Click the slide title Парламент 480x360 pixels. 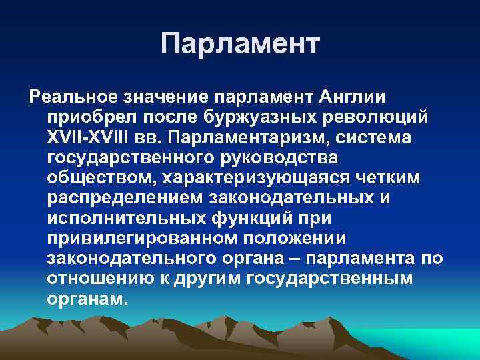tap(240, 44)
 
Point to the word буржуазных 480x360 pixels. tap(255, 118)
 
